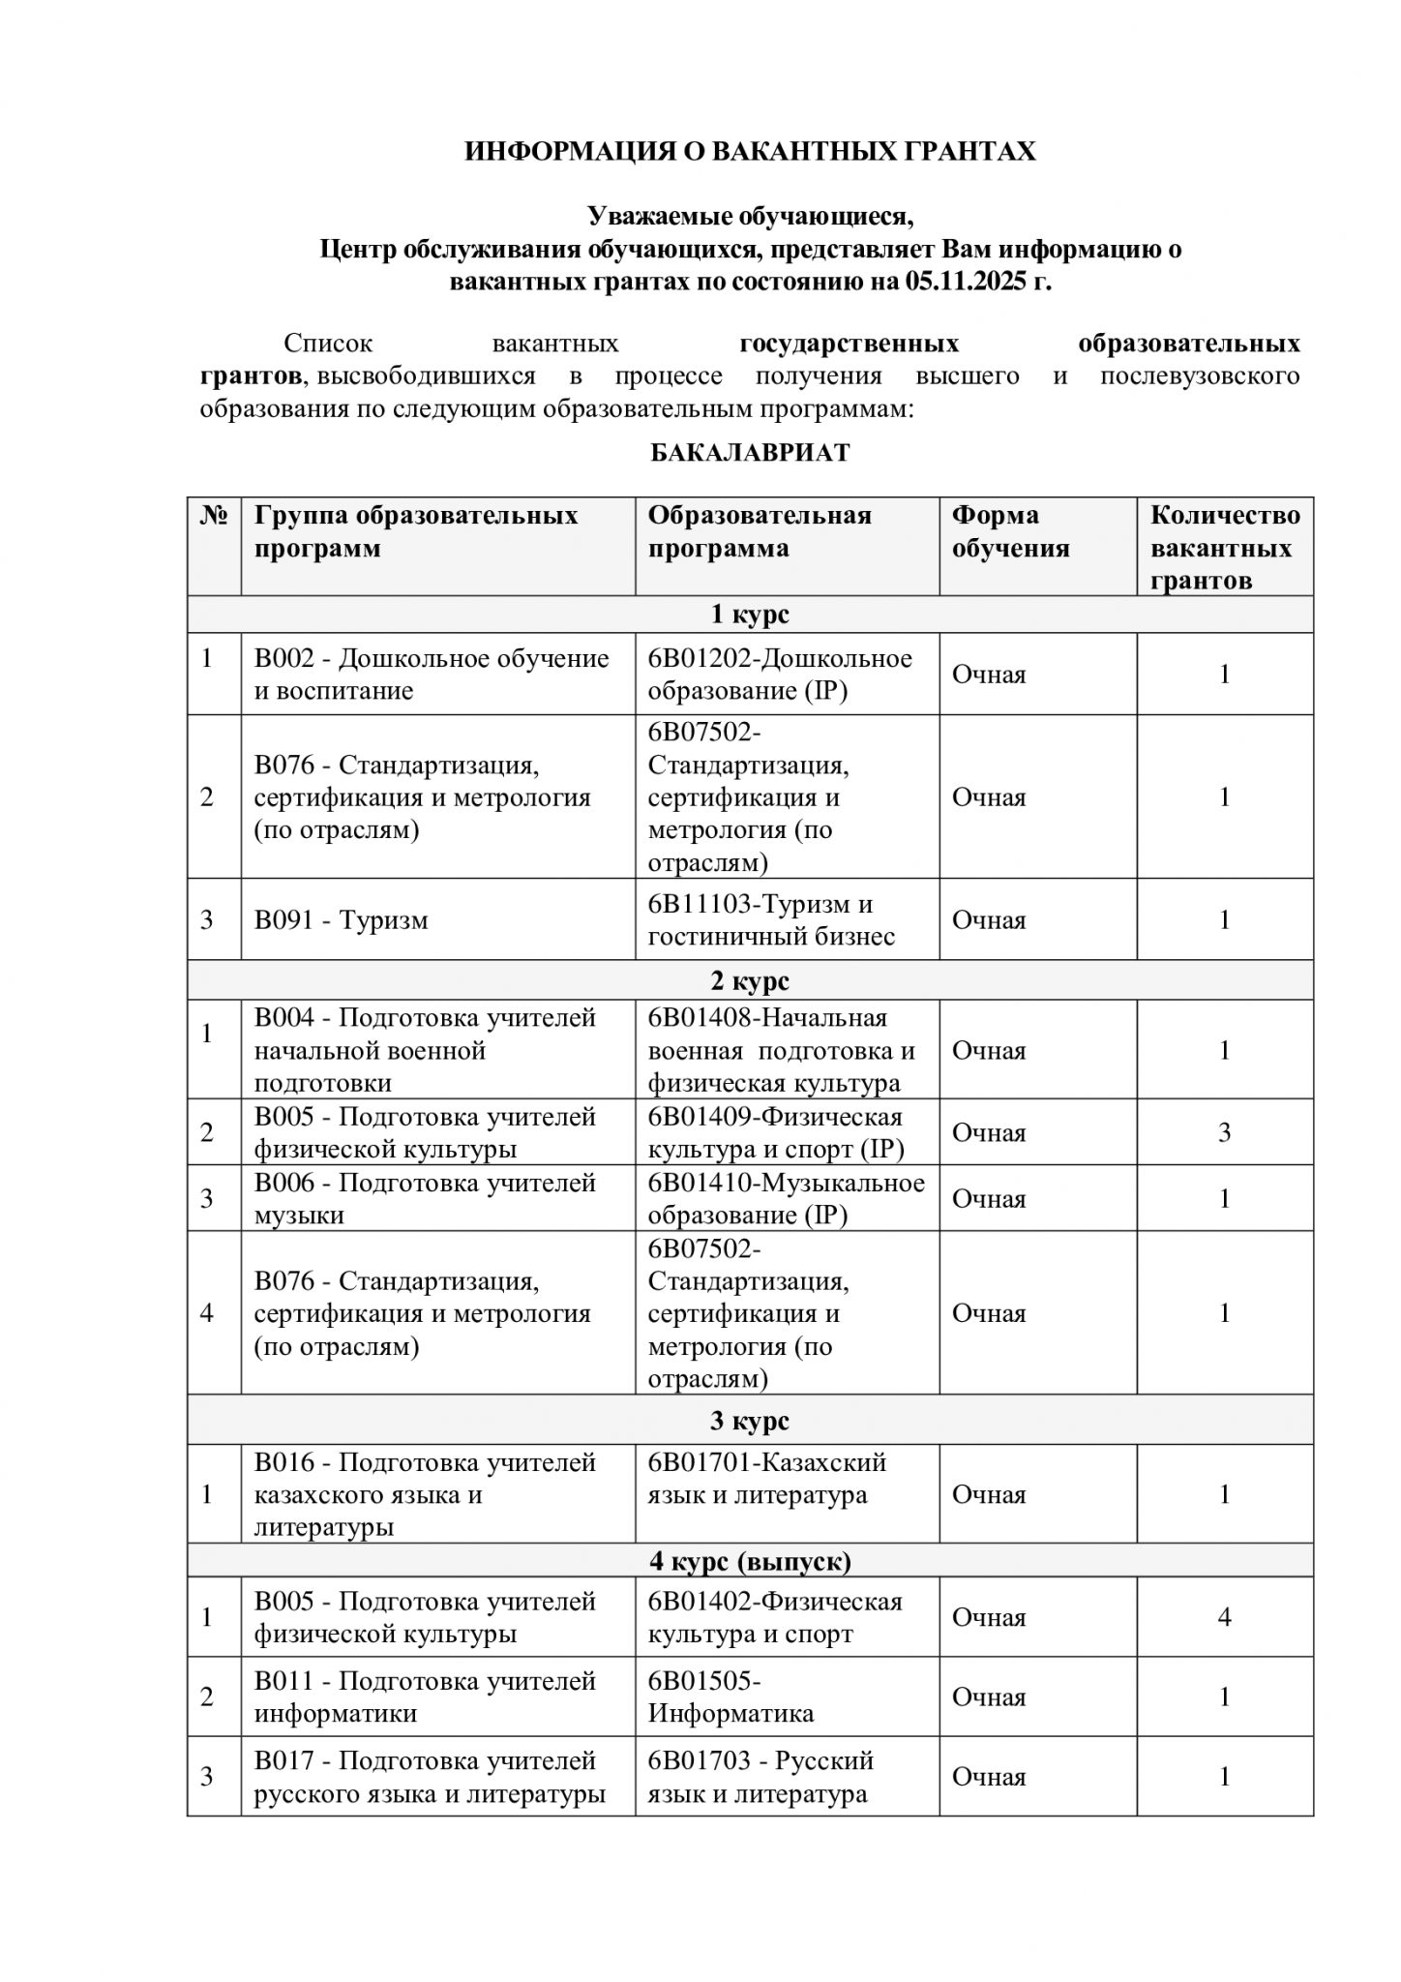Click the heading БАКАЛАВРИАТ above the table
pyautogui.click(x=750, y=453)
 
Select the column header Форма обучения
pyautogui.click(x=1010, y=532)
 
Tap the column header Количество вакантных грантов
pyautogui.click(x=1224, y=548)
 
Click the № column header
pyautogui.click(x=214, y=515)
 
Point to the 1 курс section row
pyautogui.click(x=750, y=615)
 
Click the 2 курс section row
pyautogui.click(x=750, y=980)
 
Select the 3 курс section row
pyautogui.click(x=750, y=1421)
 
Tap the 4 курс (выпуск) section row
pyautogui.click(x=750, y=1561)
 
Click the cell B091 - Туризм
pyautogui.click(x=341, y=919)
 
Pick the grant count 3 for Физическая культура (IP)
pyautogui.click(x=1224, y=1132)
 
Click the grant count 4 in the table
pyautogui.click(x=1224, y=1617)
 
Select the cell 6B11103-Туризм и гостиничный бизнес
pyautogui.click(x=770, y=919)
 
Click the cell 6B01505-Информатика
pyautogui.click(x=730, y=1697)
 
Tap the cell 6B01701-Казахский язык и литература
pyautogui.click(x=766, y=1479)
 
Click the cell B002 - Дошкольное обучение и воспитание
pyautogui.click(x=431, y=675)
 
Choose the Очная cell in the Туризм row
pyautogui.click(x=989, y=919)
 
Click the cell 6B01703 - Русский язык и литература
pyautogui.click(x=760, y=1777)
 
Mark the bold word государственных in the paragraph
pyautogui.click(x=849, y=344)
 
